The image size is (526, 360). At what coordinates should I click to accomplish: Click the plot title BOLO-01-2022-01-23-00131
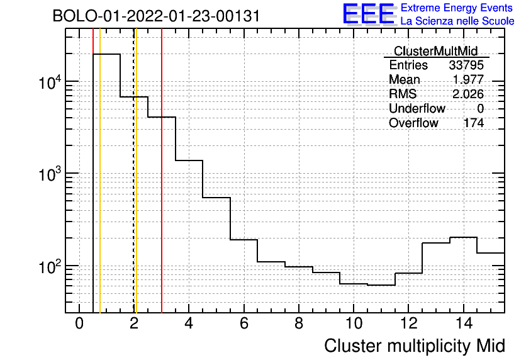pos(156,16)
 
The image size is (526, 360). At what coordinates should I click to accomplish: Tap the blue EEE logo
pos(369,14)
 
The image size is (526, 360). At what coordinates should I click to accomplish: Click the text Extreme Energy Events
pos(457,8)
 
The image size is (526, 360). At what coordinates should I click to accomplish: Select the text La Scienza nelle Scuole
pos(457,21)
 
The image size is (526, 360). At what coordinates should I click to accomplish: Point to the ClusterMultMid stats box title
pos(435,51)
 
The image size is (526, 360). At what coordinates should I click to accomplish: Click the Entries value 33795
pos(466,65)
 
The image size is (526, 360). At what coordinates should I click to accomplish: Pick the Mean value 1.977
pos(468,79)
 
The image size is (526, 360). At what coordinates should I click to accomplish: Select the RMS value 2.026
pos(468,94)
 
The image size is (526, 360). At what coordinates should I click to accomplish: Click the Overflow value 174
pos(474,123)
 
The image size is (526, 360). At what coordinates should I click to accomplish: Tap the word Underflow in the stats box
pos(417,108)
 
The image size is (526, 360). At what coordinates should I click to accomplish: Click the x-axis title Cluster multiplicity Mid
pos(415,346)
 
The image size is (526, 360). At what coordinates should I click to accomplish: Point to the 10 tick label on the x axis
pos(354,323)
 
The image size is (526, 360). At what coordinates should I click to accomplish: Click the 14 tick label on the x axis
pos(464,323)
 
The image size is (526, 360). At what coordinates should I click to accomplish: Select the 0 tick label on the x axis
pos(79,323)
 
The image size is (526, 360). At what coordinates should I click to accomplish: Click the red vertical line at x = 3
pos(162,171)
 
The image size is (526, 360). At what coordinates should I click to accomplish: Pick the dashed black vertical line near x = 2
pos(134,171)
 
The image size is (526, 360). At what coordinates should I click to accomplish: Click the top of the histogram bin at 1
pos(106,53)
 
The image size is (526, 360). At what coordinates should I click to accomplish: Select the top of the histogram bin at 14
pos(463,237)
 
